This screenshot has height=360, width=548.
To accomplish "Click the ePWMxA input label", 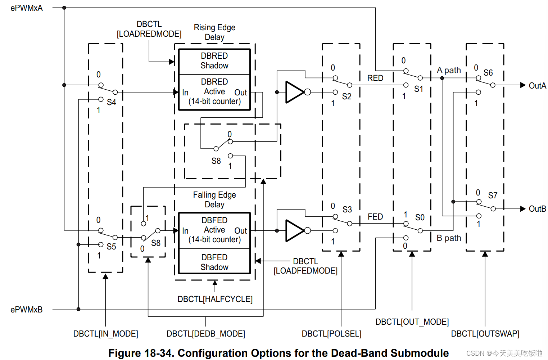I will pyautogui.click(x=26, y=8).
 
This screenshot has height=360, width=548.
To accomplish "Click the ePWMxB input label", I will pyautogui.click(x=26, y=310).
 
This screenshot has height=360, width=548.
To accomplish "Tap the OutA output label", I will pyautogui.click(x=537, y=86).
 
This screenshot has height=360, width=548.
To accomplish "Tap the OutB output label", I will pyautogui.click(x=537, y=209).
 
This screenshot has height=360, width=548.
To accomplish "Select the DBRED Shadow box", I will pyautogui.click(x=214, y=61).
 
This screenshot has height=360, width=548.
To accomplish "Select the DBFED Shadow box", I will pyautogui.click(x=214, y=262).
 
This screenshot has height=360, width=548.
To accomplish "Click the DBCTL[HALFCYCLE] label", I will pyautogui.click(x=215, y=299).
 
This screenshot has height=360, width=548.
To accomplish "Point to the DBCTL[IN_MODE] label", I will pyautogui.click(x=105, y=334).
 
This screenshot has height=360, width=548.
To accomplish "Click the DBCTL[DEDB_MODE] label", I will pyautogui.click(x=205, y=334).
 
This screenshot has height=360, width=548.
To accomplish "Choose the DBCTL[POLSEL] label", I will pyautogui.click(x=331, y=334).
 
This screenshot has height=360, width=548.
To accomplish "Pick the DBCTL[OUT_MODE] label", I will pyautogui.click(x=412, y=322).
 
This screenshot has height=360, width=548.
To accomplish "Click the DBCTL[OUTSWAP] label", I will pyautogui.click(x=485, y=334).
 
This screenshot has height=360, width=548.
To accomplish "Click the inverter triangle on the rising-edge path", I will pyautogui.click(x=295, y=92).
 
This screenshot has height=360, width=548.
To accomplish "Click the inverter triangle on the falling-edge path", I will pyautogui.click(x=295, y=230).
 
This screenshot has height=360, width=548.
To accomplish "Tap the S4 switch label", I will pyautogui.click(x=112, y=102).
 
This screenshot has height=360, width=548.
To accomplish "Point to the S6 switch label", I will pyautogui.click(x=488, y=73).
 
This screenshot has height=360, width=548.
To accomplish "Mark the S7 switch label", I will pyautogui.click(x=493, y=195).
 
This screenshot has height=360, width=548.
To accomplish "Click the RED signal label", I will pyautogui.click(x=375, y=78).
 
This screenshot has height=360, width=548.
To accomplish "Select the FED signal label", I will pyautogui.click(x=375, y=217).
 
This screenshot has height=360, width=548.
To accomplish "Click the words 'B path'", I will pyautogui.click(x=449, y=238).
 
